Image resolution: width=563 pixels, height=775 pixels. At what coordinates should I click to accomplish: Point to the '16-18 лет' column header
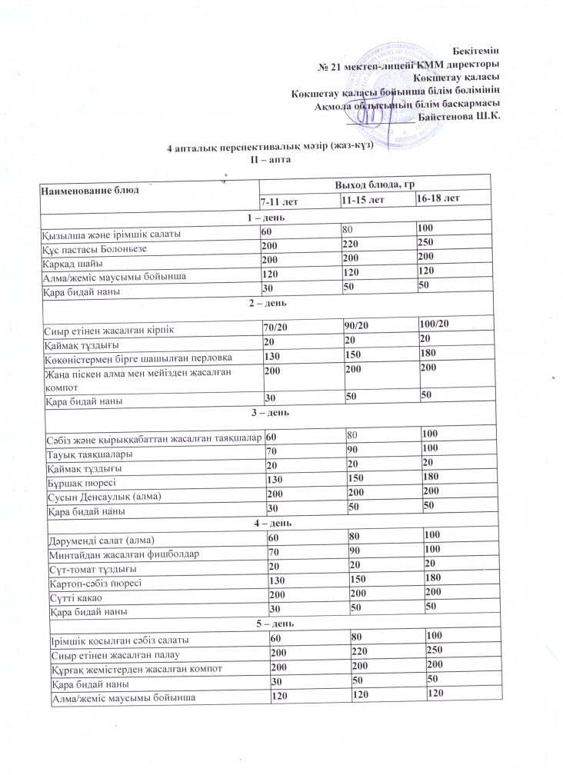[438, 198]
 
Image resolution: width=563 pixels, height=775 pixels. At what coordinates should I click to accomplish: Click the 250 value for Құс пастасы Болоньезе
[426, 247]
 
